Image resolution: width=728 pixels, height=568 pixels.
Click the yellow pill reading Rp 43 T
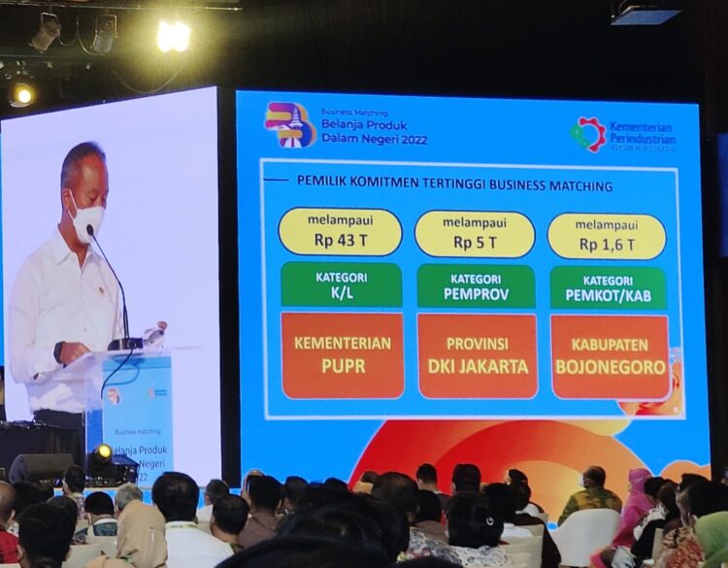coord(340,232)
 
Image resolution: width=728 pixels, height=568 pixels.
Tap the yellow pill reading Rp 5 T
coord(475,234)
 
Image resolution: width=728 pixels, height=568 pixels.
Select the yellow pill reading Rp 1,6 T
coord(607,237)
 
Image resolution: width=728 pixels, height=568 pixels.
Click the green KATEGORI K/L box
coord(341,284)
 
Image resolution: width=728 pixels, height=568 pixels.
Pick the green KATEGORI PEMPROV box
coord(476,286)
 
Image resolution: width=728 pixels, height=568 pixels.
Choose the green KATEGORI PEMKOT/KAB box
coord(608,288)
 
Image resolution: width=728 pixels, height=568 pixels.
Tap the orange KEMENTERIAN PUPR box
coord(342,354)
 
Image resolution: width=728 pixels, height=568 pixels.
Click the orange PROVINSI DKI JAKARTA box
coord(477,356)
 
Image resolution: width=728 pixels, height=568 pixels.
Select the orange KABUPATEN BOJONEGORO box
coord(610,357)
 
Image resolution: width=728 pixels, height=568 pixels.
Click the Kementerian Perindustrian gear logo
coord(588,134)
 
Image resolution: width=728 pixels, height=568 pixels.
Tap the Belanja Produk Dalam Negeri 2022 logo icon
coord(289,124)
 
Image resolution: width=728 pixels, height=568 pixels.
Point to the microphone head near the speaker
coord(90,232)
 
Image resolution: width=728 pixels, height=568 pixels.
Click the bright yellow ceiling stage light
coord(173,36)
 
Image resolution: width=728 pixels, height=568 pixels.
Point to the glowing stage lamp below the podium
coord(102,452)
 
